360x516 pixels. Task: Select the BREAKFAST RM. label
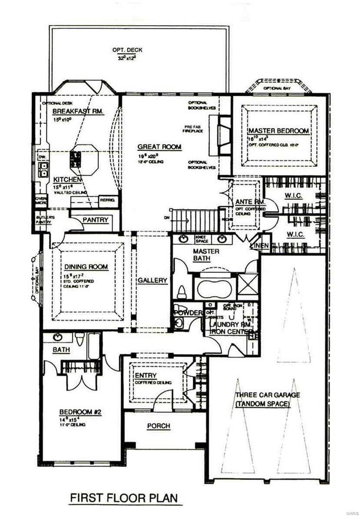pyautogui.click(x=75, y=111)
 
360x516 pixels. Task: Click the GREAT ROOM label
pyautogui.click(x=159, y=146)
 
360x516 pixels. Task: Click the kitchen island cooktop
pyautogui.click(x=76, y=157)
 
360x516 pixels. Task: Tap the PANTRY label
pyautogui.click(x=95, y=220)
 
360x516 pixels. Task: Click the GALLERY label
pyautogui.click(x=152, y=281)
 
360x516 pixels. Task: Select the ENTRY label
pyautogui.click(x=146, y=374)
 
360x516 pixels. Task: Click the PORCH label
pyautogui.click(x=159, y=426)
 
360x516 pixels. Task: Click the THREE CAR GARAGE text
pyautogui.click(x=267, y=395)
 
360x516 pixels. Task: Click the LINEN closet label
pyautogui.click(x=260, y=246)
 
